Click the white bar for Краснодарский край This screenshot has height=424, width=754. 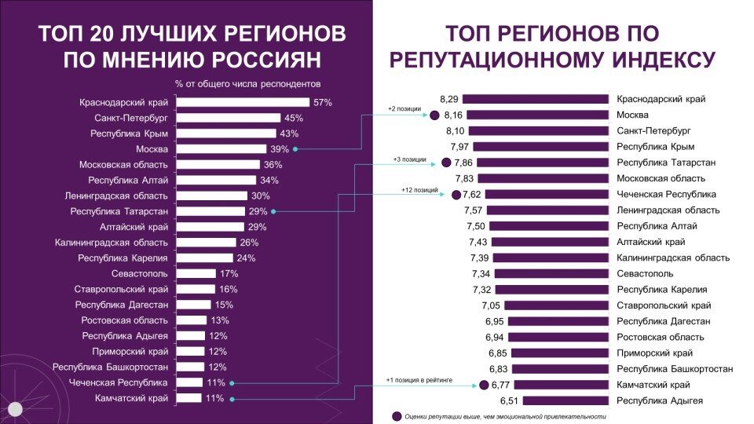[x=243, y=102]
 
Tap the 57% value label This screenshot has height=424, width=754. [x=323, y=102]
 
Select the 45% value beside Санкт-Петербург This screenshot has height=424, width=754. [x=294, y=118]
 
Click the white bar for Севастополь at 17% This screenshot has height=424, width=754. [x=196, y=274]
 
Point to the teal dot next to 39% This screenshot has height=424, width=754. [x=295, y=149]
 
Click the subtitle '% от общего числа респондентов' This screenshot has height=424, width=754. [x=248, y=84]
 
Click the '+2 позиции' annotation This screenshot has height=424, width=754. [x=404, y=109]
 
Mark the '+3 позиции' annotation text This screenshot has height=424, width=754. [x=410, y=159]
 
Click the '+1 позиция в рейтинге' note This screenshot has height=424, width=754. [x=418, y=380]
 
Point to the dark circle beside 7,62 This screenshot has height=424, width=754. [x=456, y=194]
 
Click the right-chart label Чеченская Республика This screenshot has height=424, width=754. [x=666, y=194]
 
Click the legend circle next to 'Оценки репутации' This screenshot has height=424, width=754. [x=397, y=416]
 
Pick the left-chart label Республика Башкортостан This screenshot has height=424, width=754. [x=110, y=367]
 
